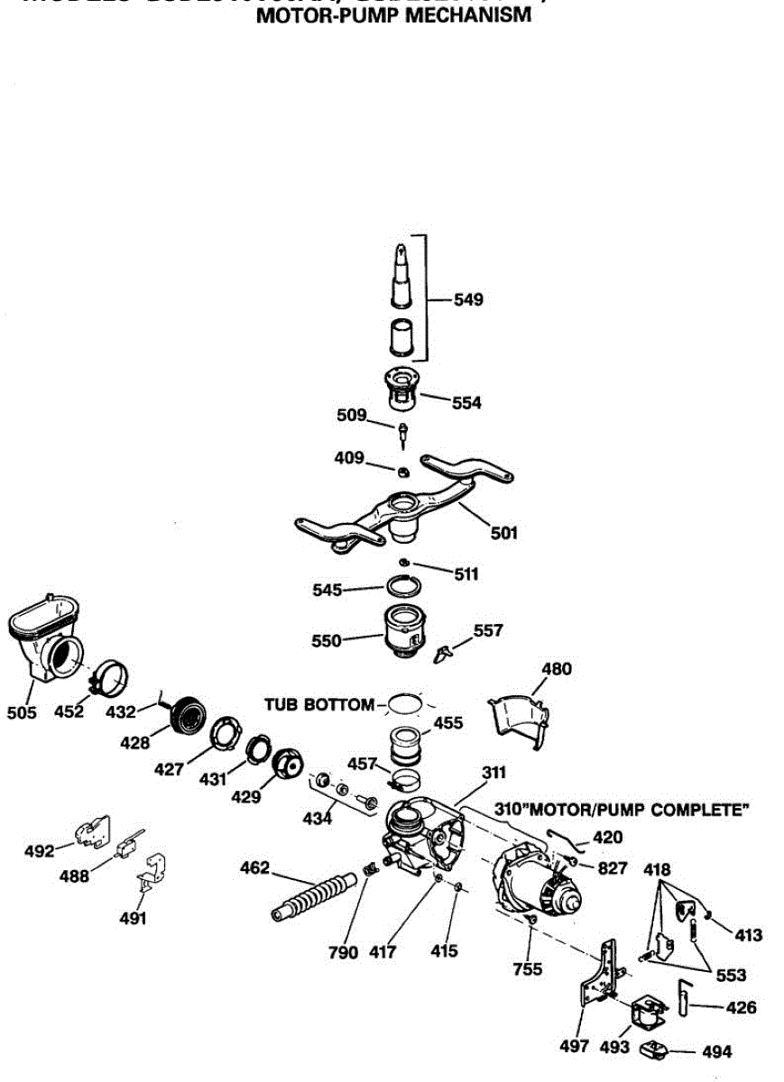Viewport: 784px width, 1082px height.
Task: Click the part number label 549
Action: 468,299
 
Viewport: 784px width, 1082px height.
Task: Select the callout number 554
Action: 466,403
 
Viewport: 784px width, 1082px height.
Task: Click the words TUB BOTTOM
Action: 318,704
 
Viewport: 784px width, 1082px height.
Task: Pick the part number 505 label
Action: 22,713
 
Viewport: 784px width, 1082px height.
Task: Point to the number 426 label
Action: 739,1008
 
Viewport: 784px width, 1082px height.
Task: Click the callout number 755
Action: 528,968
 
